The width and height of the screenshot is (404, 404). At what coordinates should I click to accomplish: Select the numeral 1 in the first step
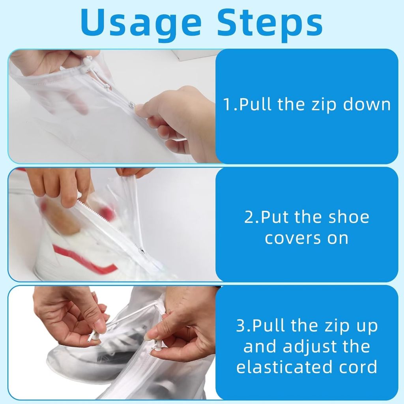tap(228, 105)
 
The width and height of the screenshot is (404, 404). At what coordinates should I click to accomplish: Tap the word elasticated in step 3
tap(284, 367)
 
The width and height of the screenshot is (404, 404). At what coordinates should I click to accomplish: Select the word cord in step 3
tap(358, 367)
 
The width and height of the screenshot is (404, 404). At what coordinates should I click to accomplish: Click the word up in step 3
tap(368, 327)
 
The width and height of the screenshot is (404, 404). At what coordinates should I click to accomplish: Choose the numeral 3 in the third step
tap(241, 325)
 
